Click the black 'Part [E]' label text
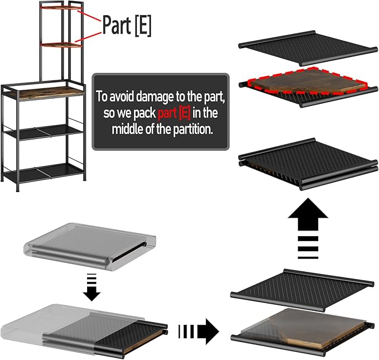127,25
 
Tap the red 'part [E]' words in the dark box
174,113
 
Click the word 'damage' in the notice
155,97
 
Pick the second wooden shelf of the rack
61,45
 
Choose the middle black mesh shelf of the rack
44,132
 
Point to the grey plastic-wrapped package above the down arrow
90,247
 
